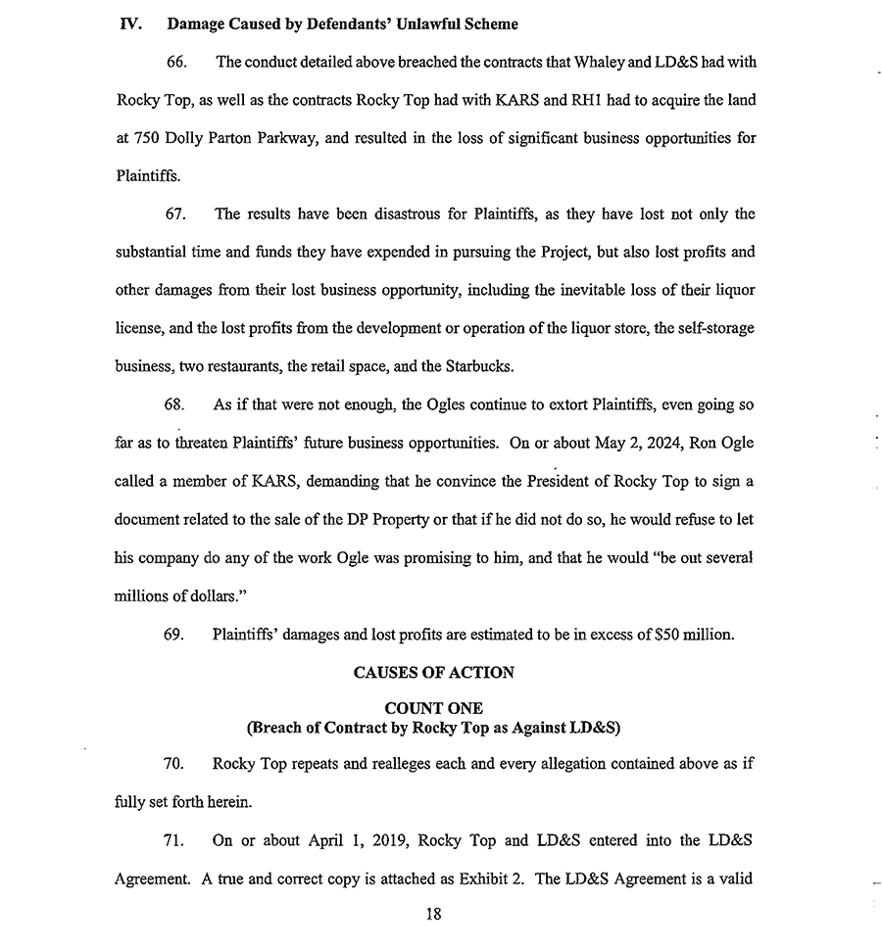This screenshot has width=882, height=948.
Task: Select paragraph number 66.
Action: [176, 62]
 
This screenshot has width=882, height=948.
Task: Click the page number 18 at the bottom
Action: [434, 915]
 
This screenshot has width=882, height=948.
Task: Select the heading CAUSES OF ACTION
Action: [433, 673]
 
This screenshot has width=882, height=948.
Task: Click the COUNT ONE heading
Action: [433, 708]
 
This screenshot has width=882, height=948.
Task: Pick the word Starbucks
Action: [507, 366]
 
